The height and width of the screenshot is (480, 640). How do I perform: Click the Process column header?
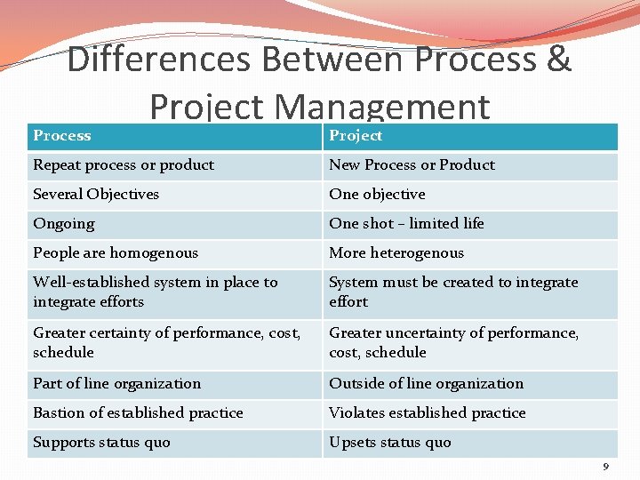pyautogui.click(x=62, y=136)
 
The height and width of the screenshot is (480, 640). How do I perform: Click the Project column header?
pyautogui.click(x=356, y=136)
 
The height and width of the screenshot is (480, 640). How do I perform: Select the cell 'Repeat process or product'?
pyautogui.click(x=124, y=165)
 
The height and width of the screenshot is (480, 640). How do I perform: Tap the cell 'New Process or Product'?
pyautogui.click(x=412, y=165)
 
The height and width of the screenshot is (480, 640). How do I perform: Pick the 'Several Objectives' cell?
pyautogui.click(x=96, y=195)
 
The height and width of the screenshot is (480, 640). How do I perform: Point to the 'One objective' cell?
pyautogui.click(x=377, y=195)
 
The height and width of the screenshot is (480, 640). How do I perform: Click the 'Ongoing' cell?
pyautogui.click(x=64, y=224)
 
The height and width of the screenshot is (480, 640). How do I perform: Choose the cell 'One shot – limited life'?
pyautogui.click(x=406, y=224)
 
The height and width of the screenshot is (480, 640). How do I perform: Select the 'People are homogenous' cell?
pyautogui.click(x=116, y=253)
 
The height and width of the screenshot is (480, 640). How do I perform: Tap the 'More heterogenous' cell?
pyautogui.click(x=396, y=253)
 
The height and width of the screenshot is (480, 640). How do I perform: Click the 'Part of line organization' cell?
pyautogui.click(x=117, y=384)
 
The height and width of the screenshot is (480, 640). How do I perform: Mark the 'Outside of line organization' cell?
pyautogui.click(x=427, y=384)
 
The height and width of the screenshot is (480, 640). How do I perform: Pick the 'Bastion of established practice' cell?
pyautogui.click(x=138, y=413)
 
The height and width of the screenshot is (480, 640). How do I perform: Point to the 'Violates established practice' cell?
pyautogui.click(x=428, y=413)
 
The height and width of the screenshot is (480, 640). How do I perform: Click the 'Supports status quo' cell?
pyautogui.click(x=101, y=443)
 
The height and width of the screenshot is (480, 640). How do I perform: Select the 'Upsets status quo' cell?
pyautogui.click(x=390, y=443)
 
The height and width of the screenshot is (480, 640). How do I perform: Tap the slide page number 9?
pyautogui.click(x=606, y=467)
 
